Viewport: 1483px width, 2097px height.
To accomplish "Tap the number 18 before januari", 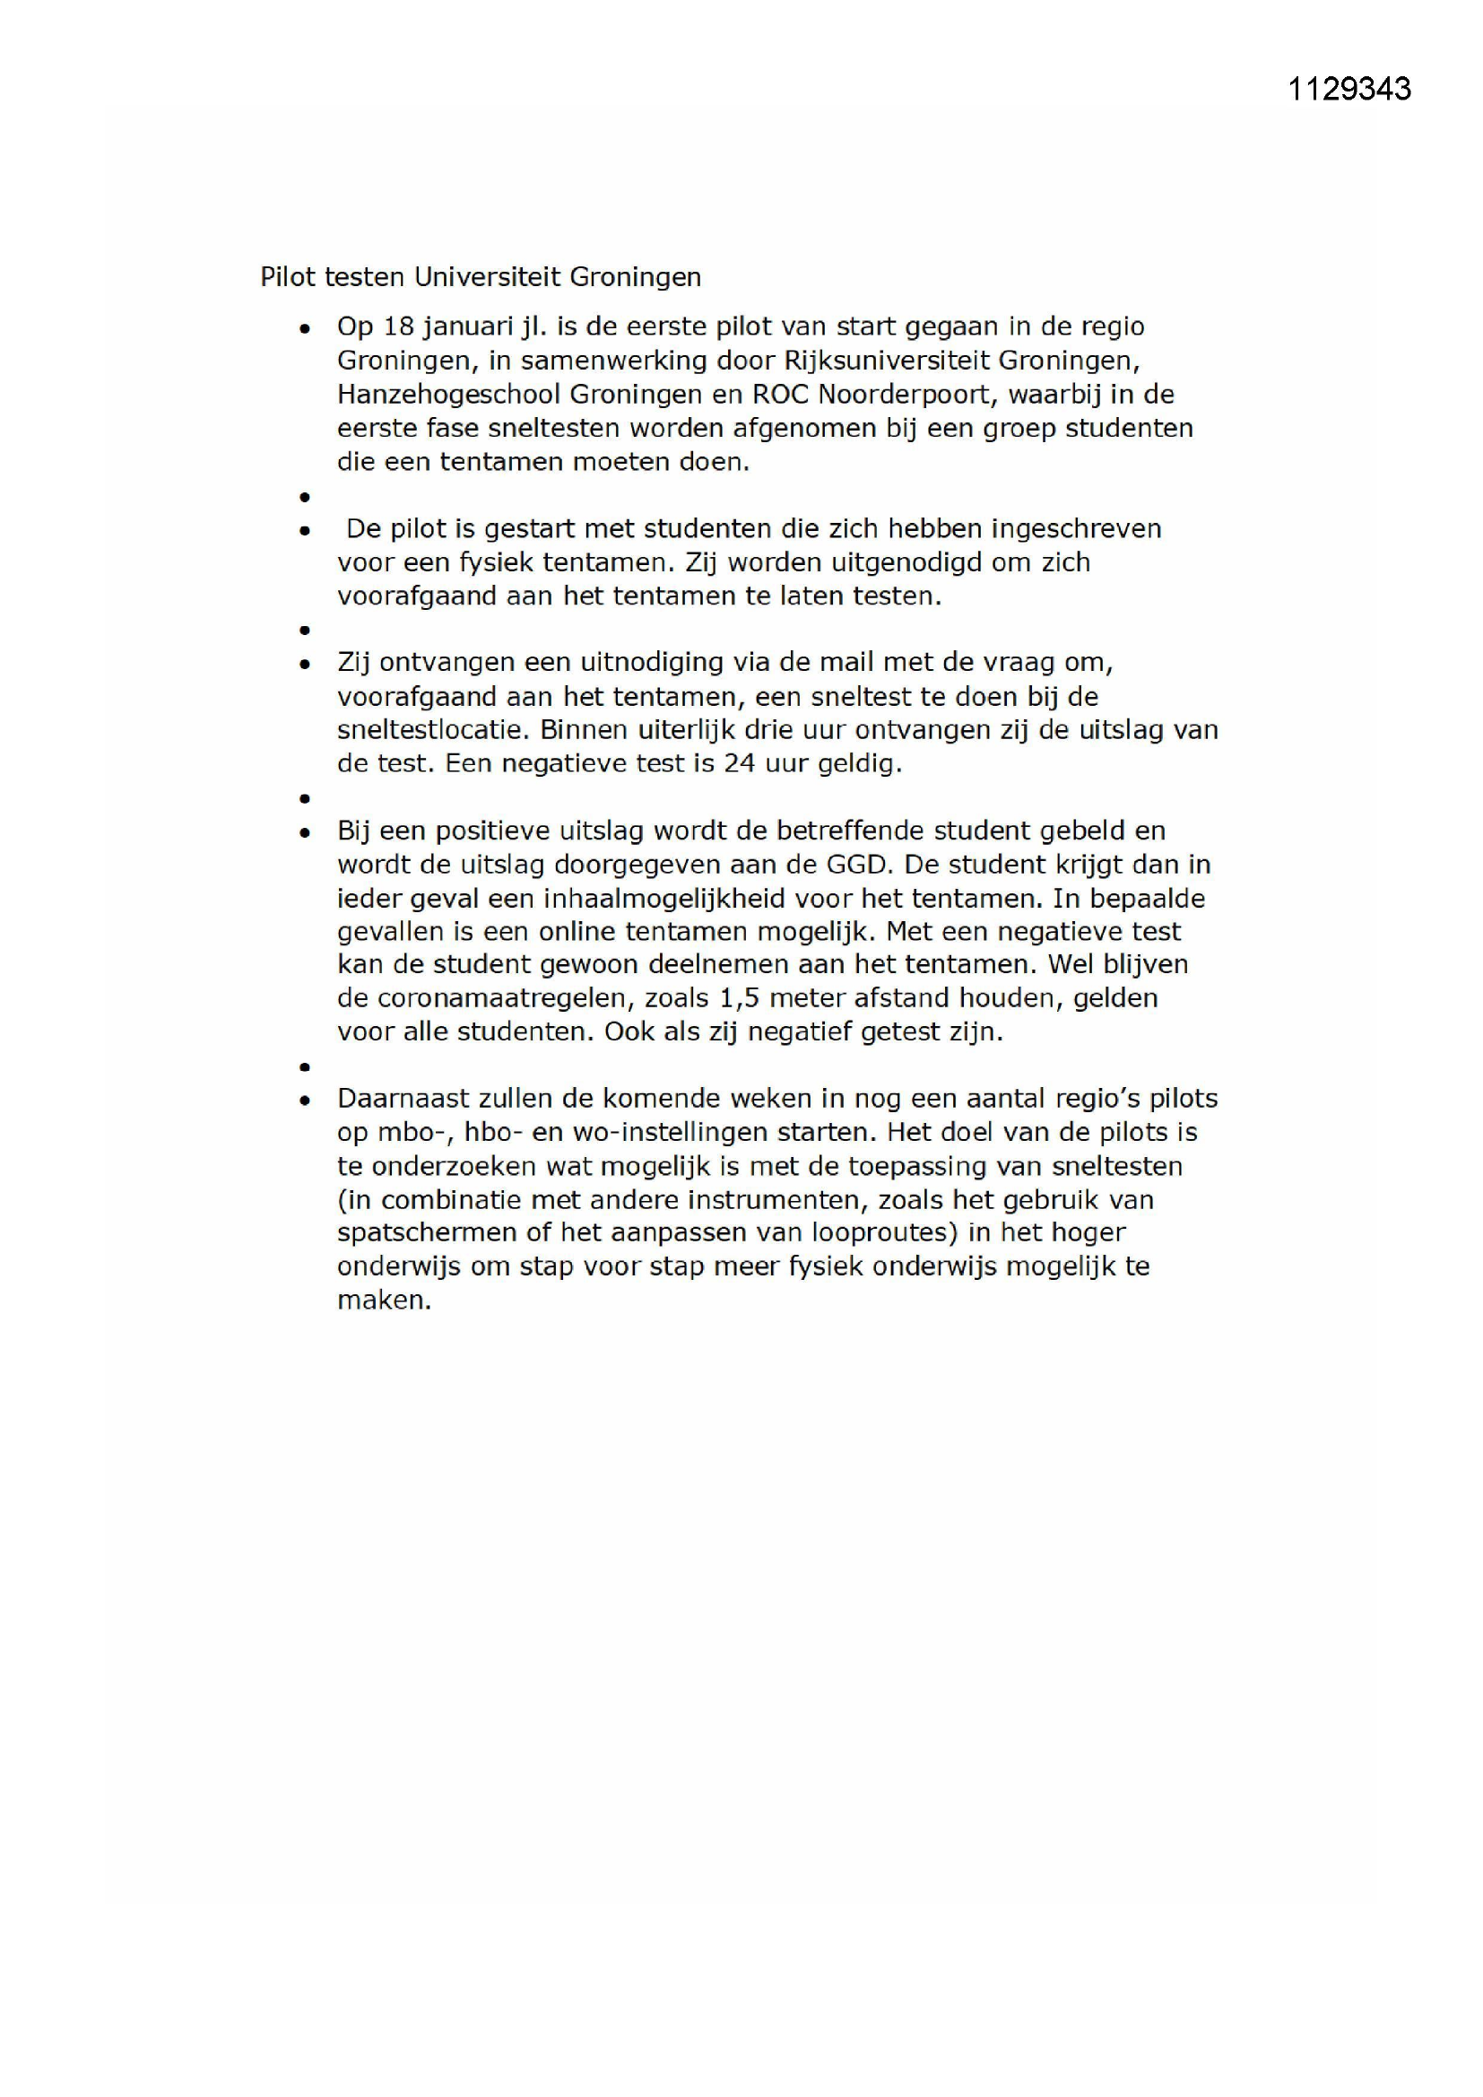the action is click(399, 327).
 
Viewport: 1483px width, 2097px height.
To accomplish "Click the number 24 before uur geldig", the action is click(739, 763).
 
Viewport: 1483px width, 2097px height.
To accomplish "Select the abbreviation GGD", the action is click(848, 865).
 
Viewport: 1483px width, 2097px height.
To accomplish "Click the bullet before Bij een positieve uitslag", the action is click(305, 833).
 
